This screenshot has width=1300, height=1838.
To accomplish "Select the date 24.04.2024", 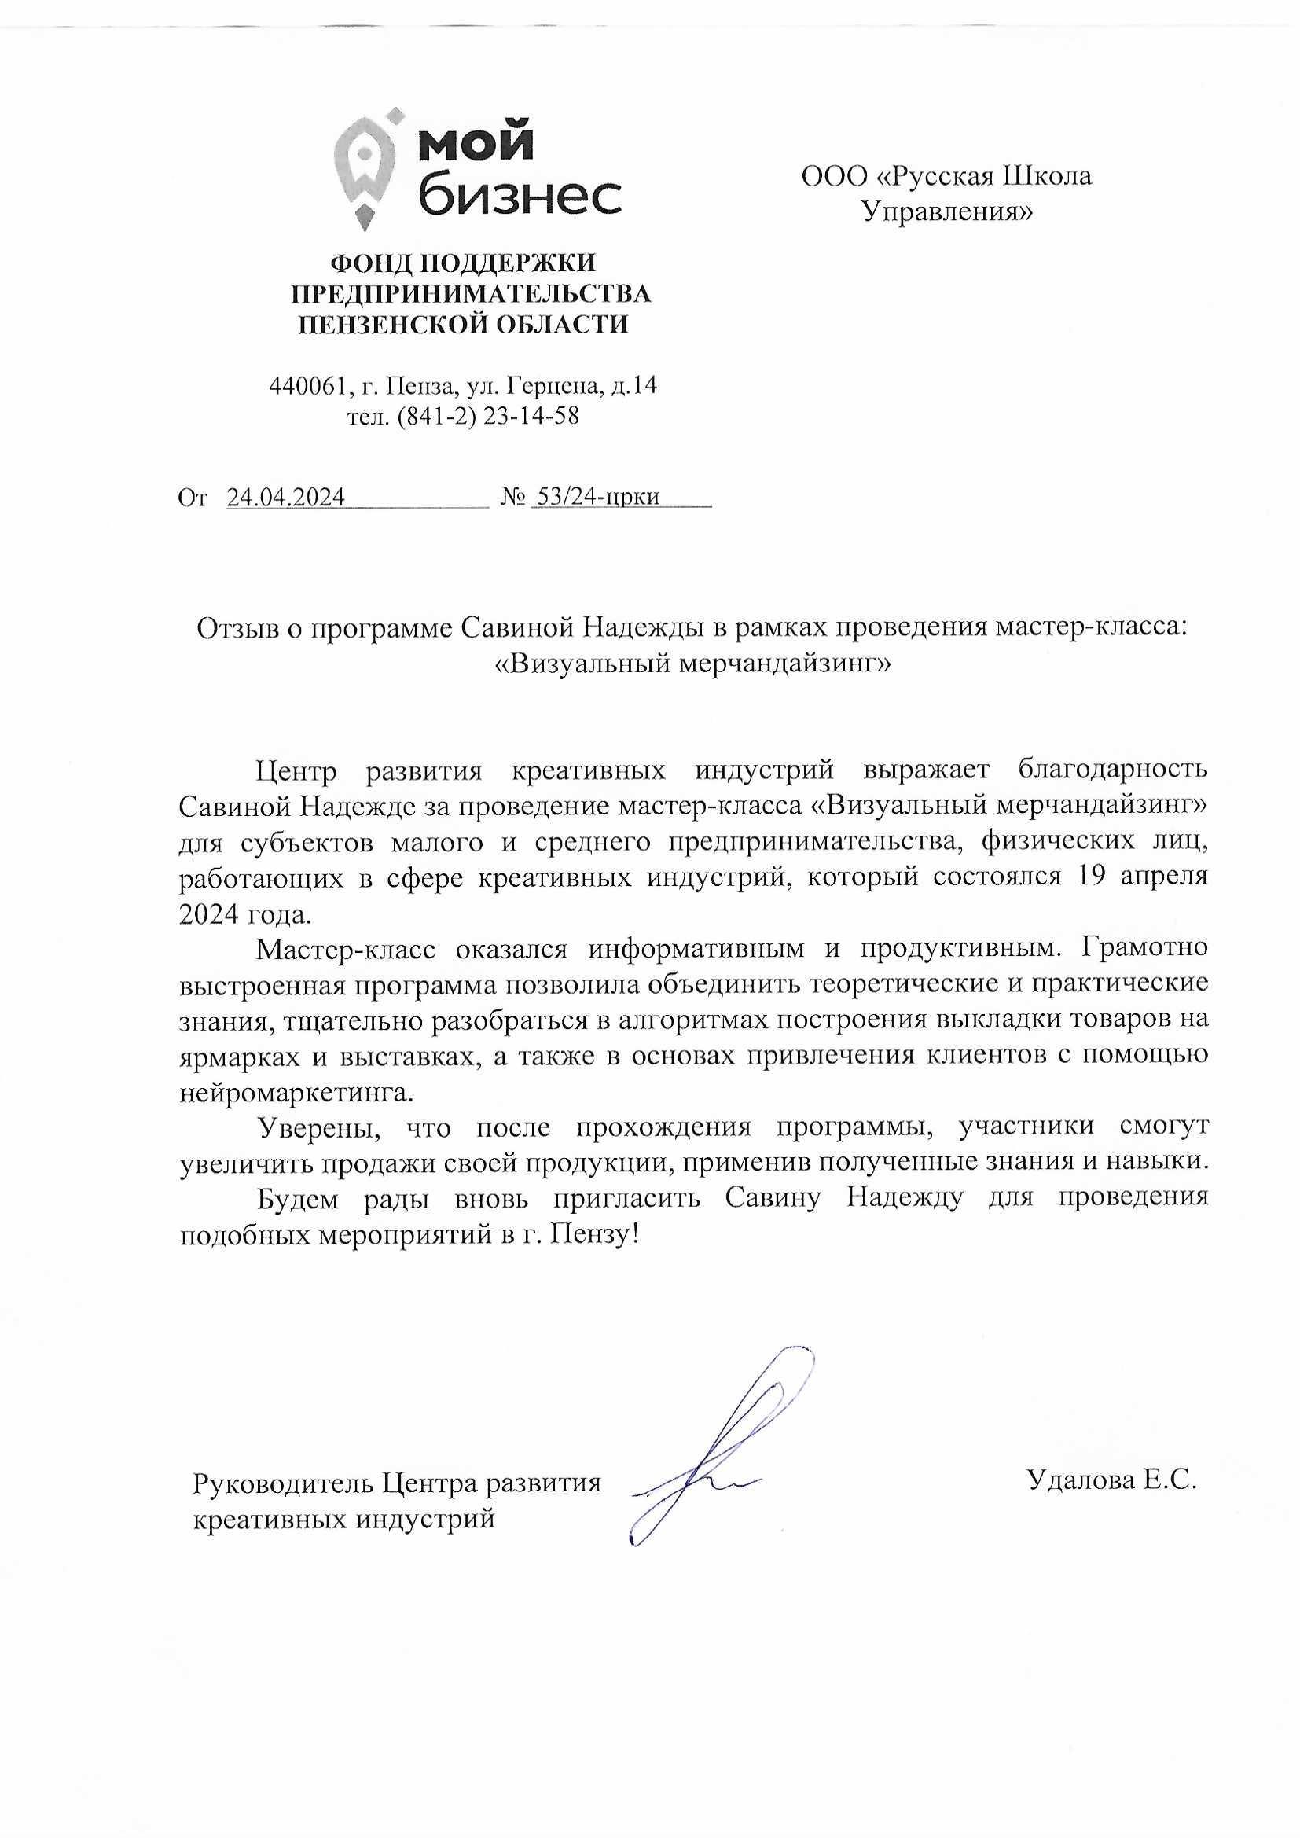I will coord(286,498).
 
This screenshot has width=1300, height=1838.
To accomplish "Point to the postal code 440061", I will coord(309,388).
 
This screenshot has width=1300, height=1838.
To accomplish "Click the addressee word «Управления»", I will coord(946,211).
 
